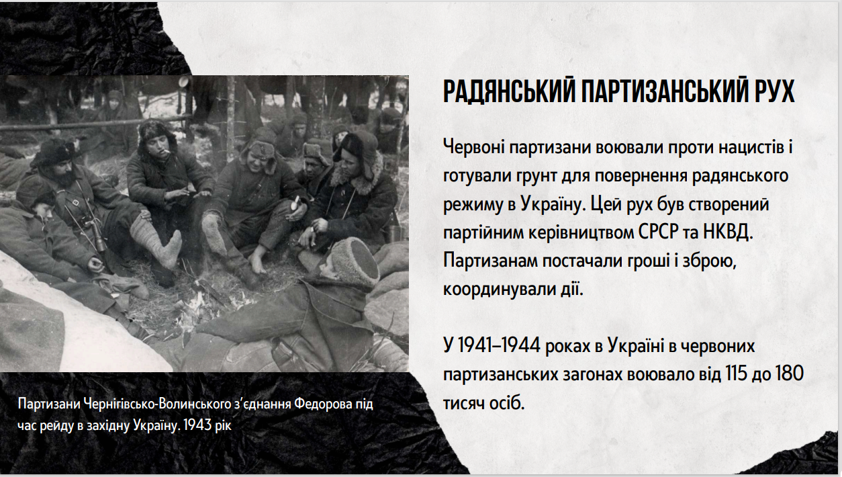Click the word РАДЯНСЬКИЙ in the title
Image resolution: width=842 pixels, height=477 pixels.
pyautogui.click(x=509, y=91)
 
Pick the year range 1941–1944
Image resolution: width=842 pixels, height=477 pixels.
pyautogui.click(x=499, y=345)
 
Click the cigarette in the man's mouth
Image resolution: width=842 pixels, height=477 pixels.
pyautogui.click(x=166, y=151)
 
